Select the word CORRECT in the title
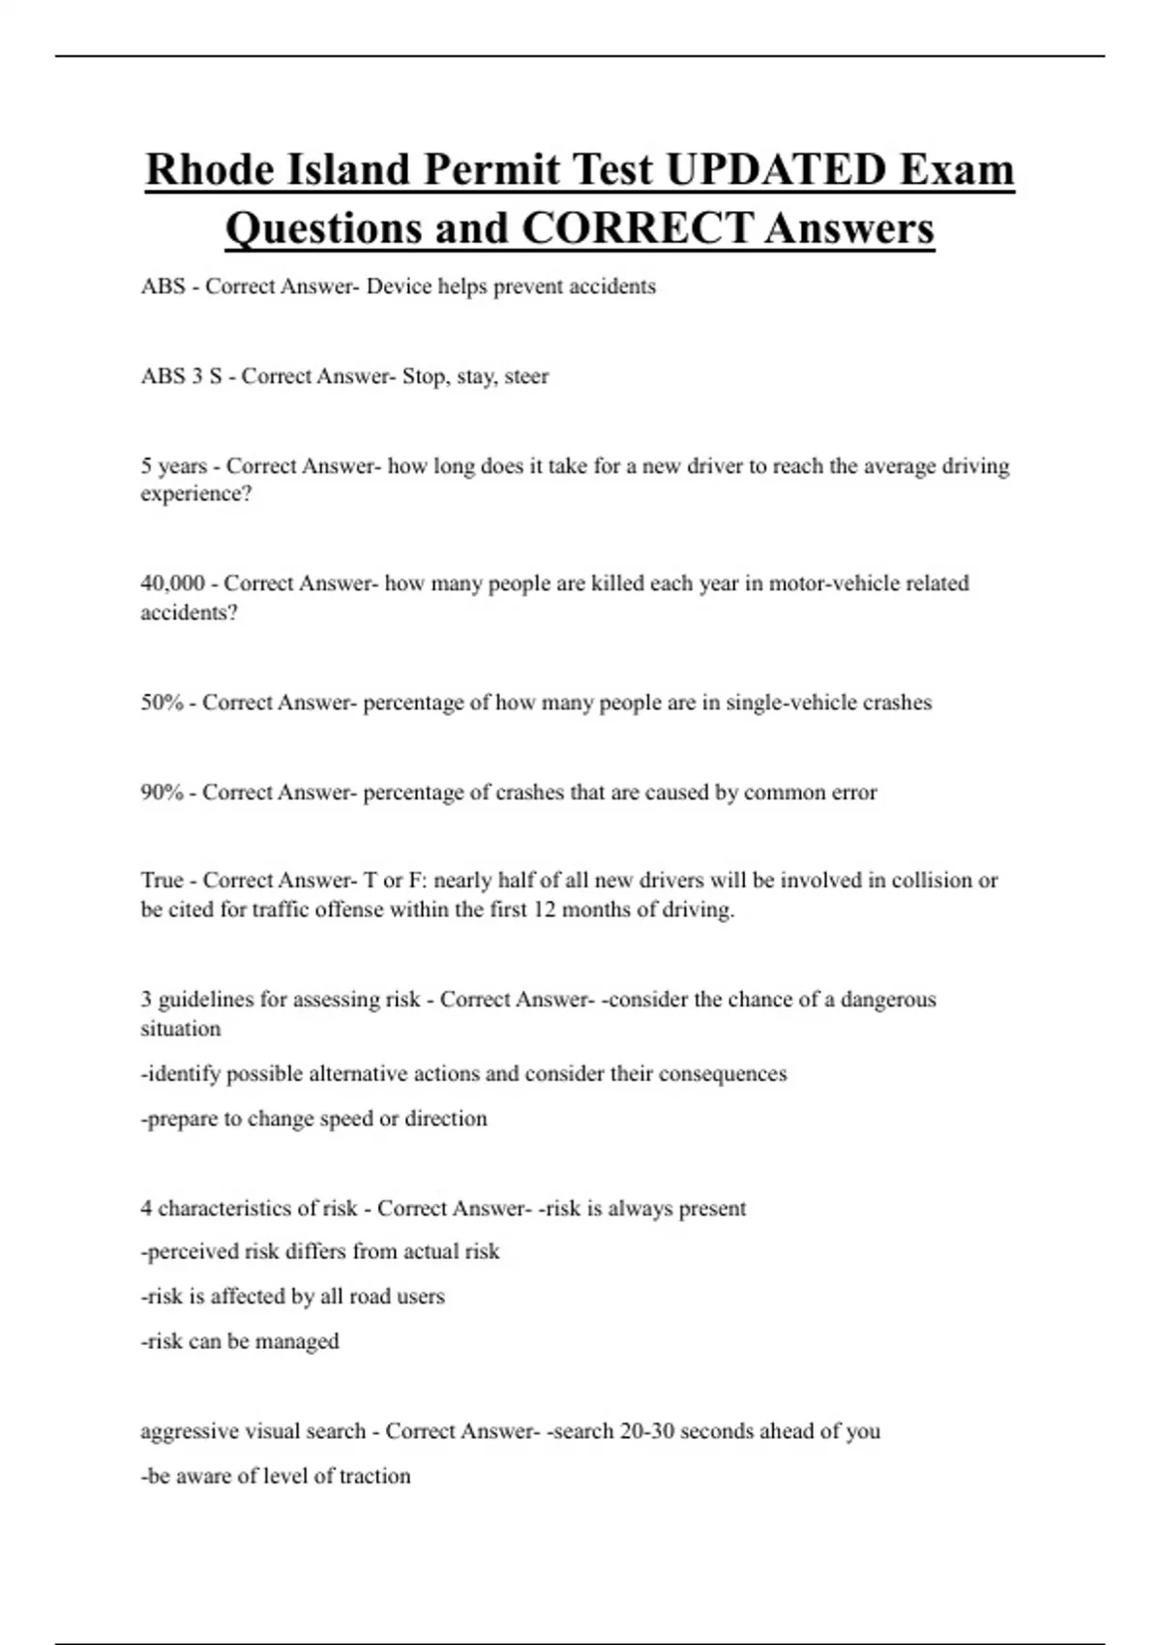(x=637, y=229)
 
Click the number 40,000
(x=173, y=583)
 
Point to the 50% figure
(x=162, y=703)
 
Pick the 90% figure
(x=162, y=793)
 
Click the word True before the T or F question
(x=162, y=881)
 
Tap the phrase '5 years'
(x=174, y=466)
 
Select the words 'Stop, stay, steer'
(x=475, y=376)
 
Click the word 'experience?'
(x=196, y=494)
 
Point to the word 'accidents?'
(x=189, y=613)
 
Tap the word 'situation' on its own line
(x=181, y=1029)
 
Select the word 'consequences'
(x=723, y=1074)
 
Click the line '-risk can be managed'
(x=241, y=1342)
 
